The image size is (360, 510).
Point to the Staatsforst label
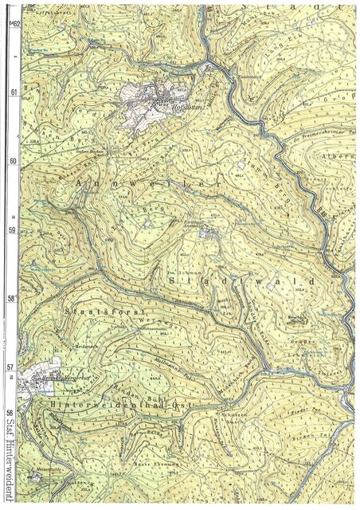tap(96, 304)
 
